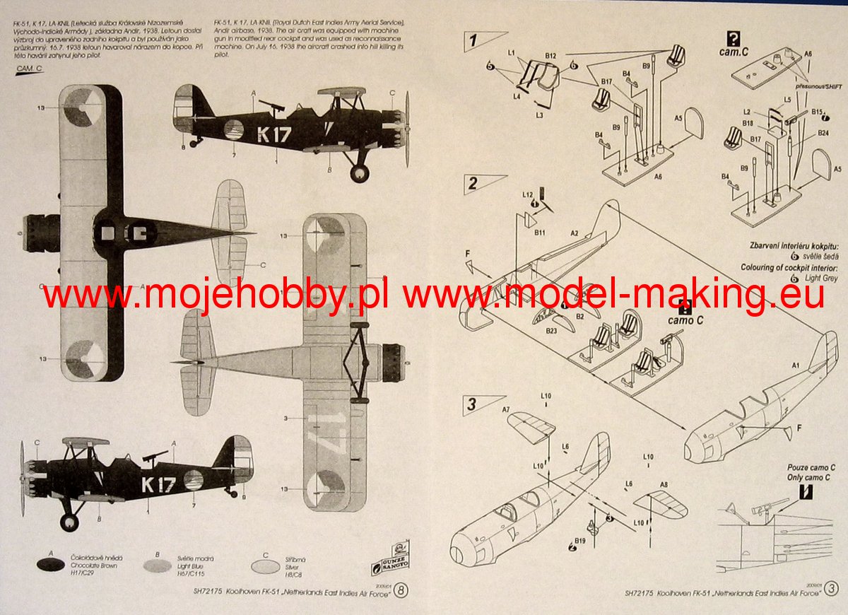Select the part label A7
click(505, 409)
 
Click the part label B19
click(579, 541)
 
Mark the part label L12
click(527, 194)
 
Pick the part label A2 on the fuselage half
click(575, 233)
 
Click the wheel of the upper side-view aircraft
click(360, 172)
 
